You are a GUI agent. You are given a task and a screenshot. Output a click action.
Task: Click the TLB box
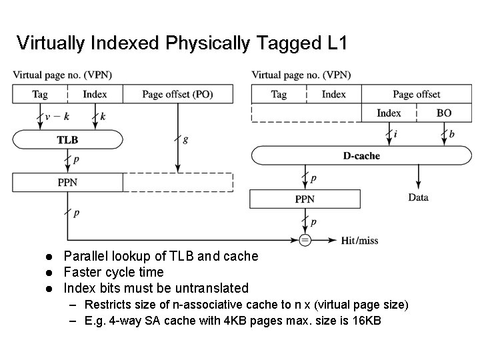(67, 140)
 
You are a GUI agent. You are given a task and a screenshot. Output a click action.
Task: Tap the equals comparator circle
(305, 240)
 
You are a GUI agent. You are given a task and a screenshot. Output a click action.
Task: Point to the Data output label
(418, 197)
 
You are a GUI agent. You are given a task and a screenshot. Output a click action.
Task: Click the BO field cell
(444, 113)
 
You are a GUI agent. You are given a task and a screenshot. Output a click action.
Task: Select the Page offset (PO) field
(177, 95)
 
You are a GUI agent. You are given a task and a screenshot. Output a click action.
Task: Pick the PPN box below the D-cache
(304, 199)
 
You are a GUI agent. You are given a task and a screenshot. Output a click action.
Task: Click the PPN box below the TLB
(67, 181)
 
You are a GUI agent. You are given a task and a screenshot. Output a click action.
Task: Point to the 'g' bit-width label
(185, 140)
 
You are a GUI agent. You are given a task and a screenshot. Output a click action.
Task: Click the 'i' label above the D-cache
(395, 134)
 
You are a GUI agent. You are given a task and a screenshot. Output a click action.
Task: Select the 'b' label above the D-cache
(452, 134)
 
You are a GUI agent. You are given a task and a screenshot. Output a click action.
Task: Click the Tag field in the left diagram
(40, 95)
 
